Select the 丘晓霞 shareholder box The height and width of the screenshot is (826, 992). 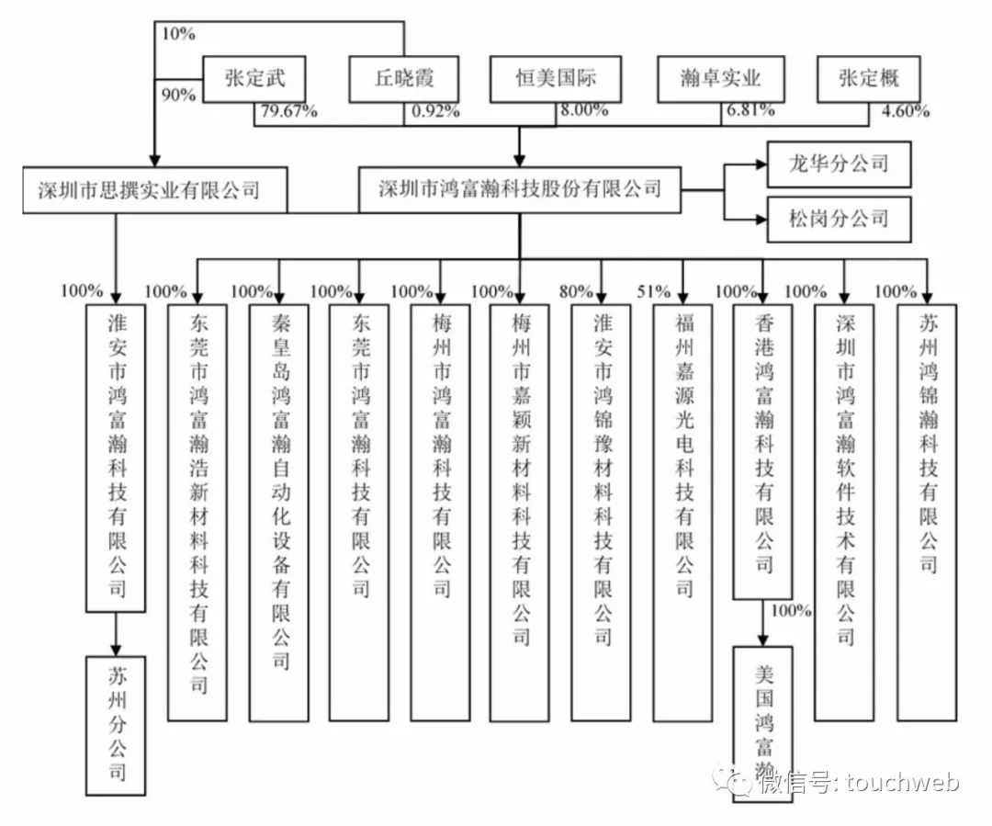(x=403, y=79)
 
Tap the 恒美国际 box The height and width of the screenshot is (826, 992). (x=556, y=79)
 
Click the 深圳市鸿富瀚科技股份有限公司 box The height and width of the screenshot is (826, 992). (x=520, y=190)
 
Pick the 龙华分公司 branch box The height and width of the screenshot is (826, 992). (x=839, y=164)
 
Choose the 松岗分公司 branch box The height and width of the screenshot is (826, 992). (x=839, y=219)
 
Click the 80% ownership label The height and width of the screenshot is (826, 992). (x=577, y=292)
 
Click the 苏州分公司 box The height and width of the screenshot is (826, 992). (x=116, y=725)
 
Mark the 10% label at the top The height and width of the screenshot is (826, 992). (x=178, y=34)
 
